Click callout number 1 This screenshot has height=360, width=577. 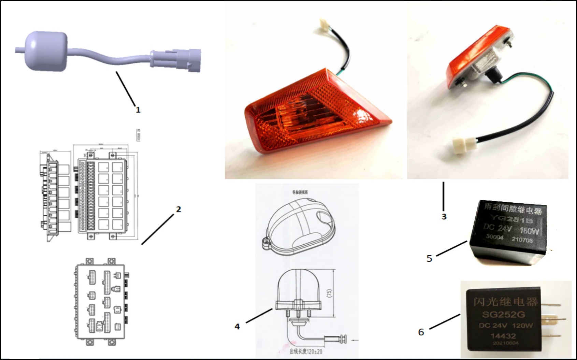138,110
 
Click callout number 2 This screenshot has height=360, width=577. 178,209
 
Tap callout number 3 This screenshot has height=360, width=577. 444,217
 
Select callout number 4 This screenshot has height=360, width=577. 237,327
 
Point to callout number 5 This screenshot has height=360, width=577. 429,259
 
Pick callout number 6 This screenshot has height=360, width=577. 421,332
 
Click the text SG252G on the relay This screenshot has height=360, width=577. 503,314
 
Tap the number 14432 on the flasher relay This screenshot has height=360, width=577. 503,336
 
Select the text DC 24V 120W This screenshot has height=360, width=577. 506,325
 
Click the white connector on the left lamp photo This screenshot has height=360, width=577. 323,24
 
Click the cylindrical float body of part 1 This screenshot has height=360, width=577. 46,51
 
